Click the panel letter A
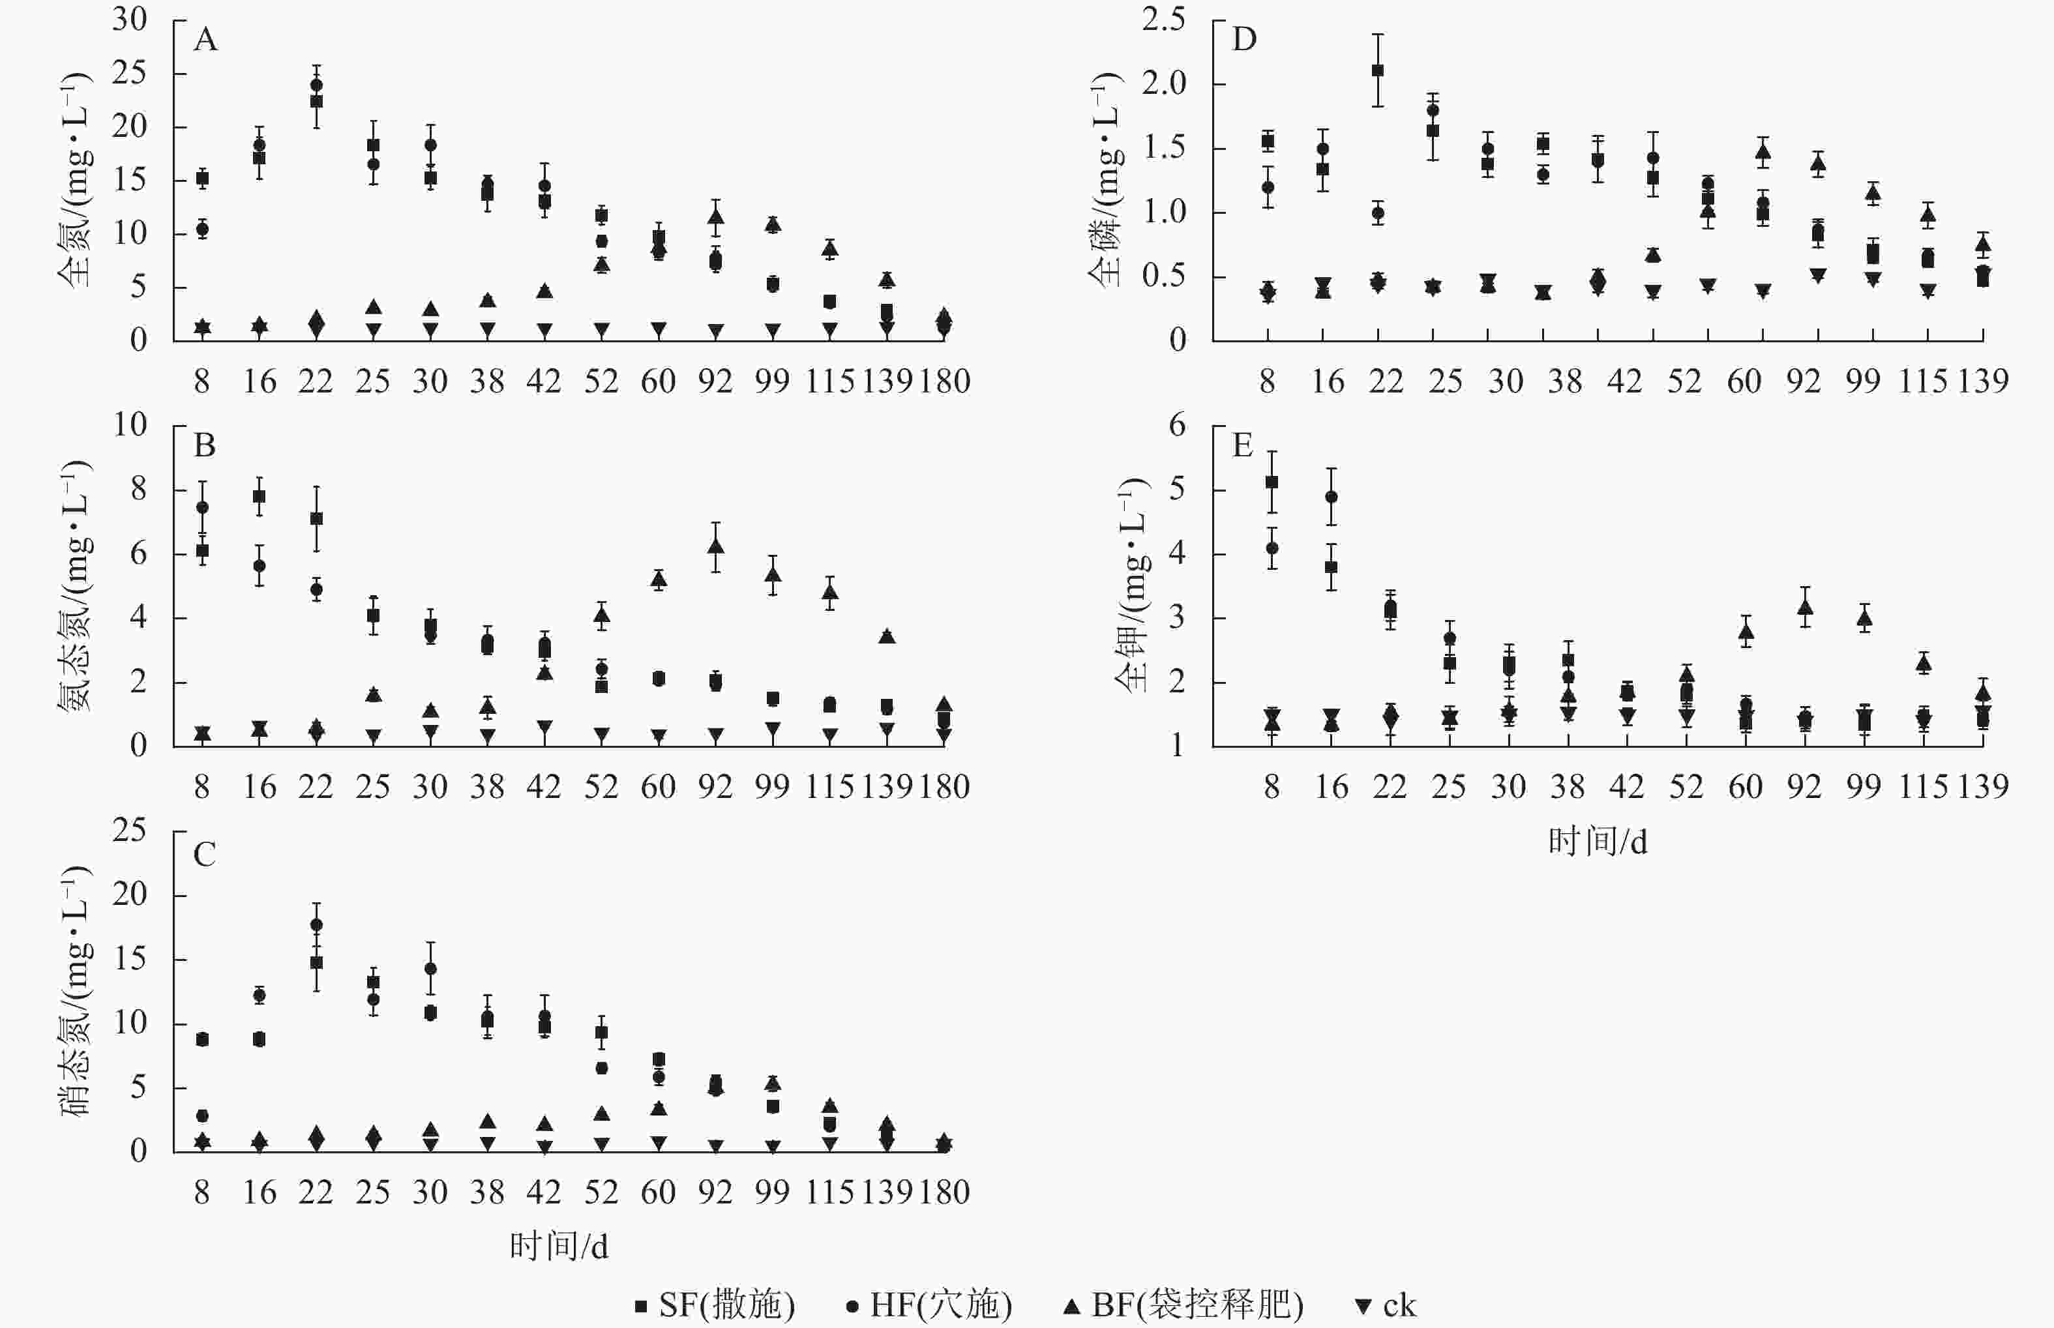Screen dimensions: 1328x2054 [205, 40]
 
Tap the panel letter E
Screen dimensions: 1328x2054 [1243, 446]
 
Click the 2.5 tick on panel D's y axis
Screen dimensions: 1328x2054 [1163, 19]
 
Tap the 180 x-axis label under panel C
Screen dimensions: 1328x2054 [944, 1192]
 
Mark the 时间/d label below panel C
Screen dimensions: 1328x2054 [559, 1246]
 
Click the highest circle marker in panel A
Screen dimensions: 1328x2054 [316, 85]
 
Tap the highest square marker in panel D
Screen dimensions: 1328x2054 [1378, 70]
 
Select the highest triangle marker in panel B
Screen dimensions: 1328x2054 [716, 546]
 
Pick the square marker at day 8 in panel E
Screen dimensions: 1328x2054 [1272, 482]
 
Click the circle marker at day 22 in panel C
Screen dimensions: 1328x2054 [316, 925]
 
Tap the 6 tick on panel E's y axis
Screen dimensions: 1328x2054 [1176, 424]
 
